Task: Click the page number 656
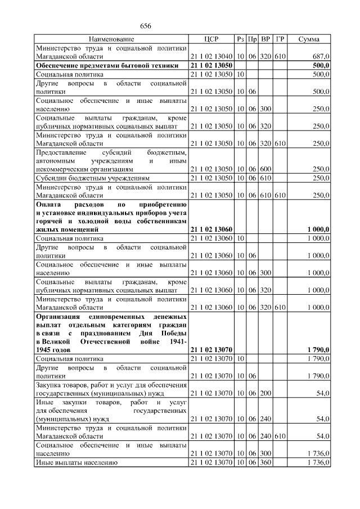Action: click(146, 26)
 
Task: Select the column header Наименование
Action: click(111, 39)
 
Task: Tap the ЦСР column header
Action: click(211, 39)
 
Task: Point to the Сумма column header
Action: click(309, 39)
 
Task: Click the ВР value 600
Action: click(266, 169)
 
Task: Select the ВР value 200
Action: click(266, 394)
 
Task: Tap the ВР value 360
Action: click(266, 462)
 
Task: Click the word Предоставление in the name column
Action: click(62, 152)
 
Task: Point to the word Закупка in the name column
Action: click(49, 385)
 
